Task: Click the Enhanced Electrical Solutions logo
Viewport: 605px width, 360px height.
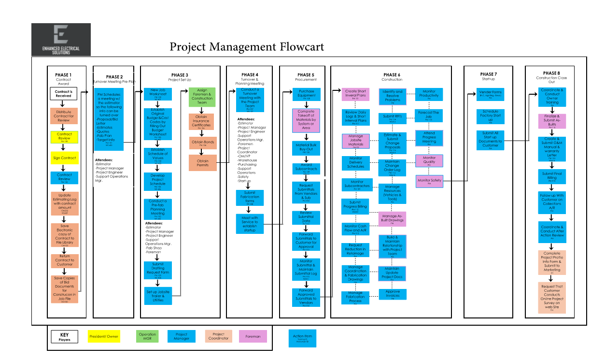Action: point(61,40)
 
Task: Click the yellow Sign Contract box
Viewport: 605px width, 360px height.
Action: point(64,158)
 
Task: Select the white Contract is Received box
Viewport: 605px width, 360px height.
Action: point(63,94)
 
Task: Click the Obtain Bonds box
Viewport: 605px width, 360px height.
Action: point(203,143)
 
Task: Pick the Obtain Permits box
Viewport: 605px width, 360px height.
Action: point(203,163)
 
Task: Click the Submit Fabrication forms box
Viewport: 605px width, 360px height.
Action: point(250,198)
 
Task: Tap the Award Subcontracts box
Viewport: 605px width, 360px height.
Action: point(306,168)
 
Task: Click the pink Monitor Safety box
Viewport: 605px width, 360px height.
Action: point(429,181)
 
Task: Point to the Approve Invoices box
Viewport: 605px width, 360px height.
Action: point(392,293)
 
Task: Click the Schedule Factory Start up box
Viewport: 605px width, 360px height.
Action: point(490,116)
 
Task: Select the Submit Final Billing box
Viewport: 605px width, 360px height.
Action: point(552,176)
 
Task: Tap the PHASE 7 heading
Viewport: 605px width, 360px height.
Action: point(488,74)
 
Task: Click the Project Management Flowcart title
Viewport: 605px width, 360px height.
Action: point(247,47)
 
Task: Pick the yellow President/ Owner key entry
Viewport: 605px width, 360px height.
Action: point(104,336)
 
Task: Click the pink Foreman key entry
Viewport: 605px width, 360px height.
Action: point(253,336)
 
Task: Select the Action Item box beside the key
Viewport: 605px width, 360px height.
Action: point(302,338)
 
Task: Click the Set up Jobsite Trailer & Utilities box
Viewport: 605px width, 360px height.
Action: point(158,296)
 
